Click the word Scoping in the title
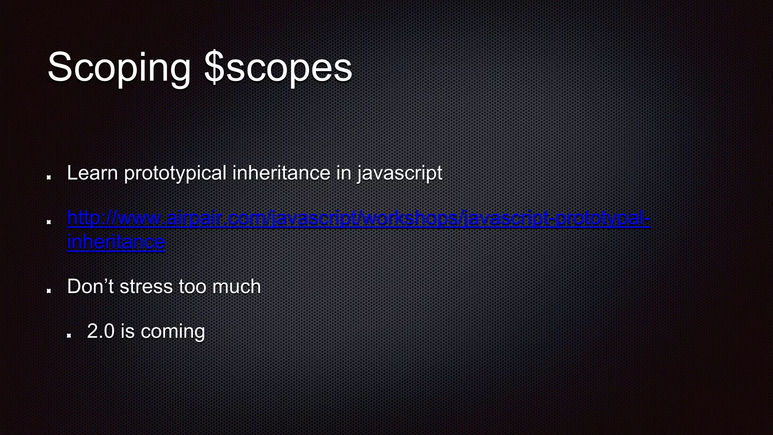point(119,68)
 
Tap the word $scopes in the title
point(278,68)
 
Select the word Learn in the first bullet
point(92,173)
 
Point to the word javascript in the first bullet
point(400,173)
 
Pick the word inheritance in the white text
point(281,173)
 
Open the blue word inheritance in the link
point(116,242)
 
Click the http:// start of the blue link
point(87,218)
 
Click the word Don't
point(90,286)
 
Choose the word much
point(236,286)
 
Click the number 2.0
point(100,331)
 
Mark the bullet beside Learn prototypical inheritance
point(49,177)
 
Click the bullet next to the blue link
point(49,222)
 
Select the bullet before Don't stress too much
point(49,290)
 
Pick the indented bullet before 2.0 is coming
point(69,335)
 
